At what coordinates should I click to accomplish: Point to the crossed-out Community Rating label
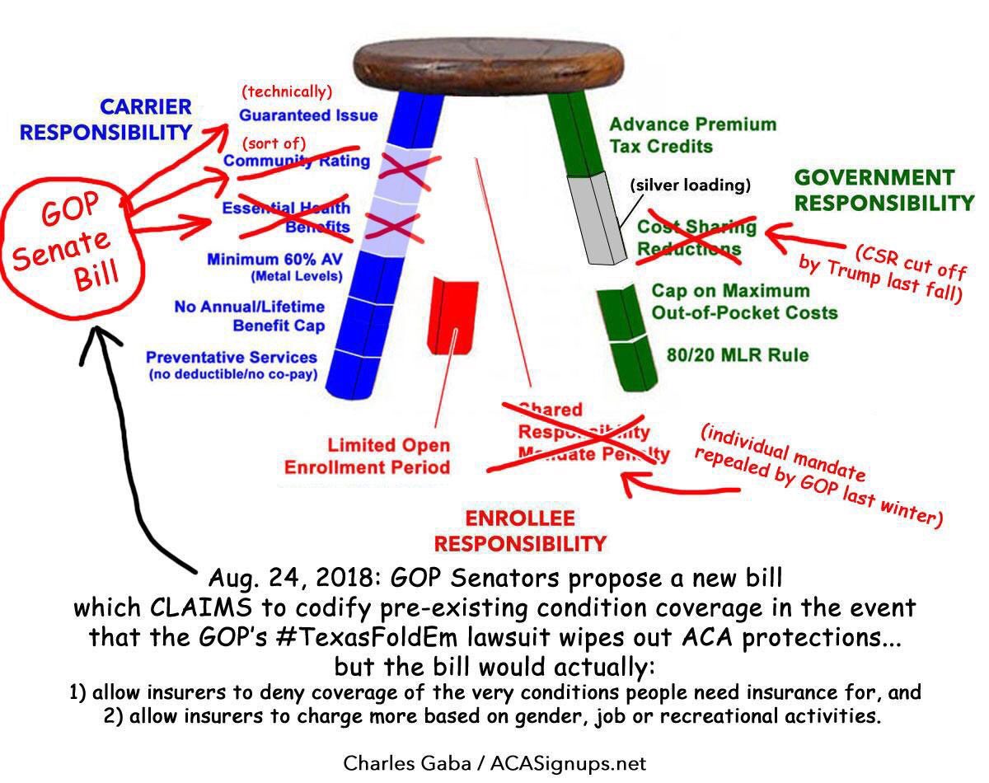pos(297,161)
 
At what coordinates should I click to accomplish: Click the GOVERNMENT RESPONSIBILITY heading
pos(883,190)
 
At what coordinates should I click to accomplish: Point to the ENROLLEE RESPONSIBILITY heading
pos(520,531)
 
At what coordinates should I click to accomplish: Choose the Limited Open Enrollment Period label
pos(368,456)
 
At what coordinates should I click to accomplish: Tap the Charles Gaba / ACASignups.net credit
pos(494,763)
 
